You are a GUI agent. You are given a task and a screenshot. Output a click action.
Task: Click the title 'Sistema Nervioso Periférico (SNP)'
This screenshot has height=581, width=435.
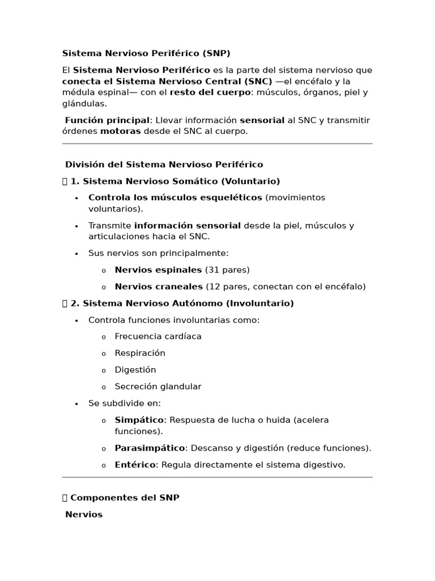146,53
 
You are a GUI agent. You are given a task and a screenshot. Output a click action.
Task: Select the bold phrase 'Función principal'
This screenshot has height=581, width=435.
107,120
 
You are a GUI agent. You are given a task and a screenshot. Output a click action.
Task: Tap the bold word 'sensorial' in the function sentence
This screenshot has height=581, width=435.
262,120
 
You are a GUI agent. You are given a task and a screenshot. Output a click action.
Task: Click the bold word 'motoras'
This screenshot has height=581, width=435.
121,131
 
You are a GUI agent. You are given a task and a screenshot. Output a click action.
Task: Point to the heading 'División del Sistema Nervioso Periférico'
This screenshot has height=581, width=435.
164,165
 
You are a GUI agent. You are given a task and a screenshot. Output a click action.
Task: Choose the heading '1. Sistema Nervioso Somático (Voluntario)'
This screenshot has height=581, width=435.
175,181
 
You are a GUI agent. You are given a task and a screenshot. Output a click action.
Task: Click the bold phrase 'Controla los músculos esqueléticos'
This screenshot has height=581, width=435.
175,197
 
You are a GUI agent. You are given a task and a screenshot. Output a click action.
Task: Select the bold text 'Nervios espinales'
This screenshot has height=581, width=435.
158,270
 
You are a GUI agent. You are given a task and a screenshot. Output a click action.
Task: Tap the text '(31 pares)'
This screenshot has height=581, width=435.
227,270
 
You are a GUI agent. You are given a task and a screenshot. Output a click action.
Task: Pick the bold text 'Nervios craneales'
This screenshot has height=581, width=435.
159,287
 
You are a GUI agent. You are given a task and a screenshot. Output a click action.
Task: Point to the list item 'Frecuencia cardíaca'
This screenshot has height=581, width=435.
158,336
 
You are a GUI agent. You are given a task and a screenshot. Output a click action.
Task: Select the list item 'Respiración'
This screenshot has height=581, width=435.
140,353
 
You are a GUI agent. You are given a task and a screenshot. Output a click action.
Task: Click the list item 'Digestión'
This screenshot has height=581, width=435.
135,370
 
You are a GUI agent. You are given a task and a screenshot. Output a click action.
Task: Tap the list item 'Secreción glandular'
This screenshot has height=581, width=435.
158,386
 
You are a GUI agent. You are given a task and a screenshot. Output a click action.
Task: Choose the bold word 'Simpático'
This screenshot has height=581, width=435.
139,420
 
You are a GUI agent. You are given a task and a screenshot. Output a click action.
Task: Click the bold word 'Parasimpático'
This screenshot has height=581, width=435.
150,448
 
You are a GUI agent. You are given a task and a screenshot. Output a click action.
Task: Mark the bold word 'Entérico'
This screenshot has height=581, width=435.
135,465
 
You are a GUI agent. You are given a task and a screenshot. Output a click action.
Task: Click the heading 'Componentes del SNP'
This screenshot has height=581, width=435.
125,498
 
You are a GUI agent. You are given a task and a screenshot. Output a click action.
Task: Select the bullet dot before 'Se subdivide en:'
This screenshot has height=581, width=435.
76,404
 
